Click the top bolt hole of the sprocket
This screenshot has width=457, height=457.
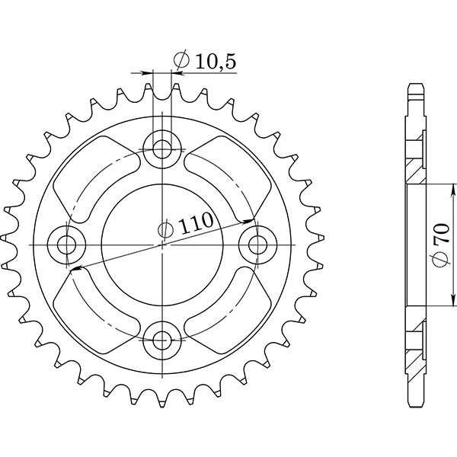(x=162, y=147)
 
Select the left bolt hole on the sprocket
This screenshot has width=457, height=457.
(x=67, y=244)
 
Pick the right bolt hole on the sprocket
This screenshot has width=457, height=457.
(x=258, y=244)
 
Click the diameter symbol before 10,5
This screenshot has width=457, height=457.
(x=182, y=61)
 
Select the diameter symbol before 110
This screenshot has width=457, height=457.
(x=165, y=228)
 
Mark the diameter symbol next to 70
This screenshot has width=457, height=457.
(x=439, y=260)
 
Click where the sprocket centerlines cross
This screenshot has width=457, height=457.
(x=162, y=244)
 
